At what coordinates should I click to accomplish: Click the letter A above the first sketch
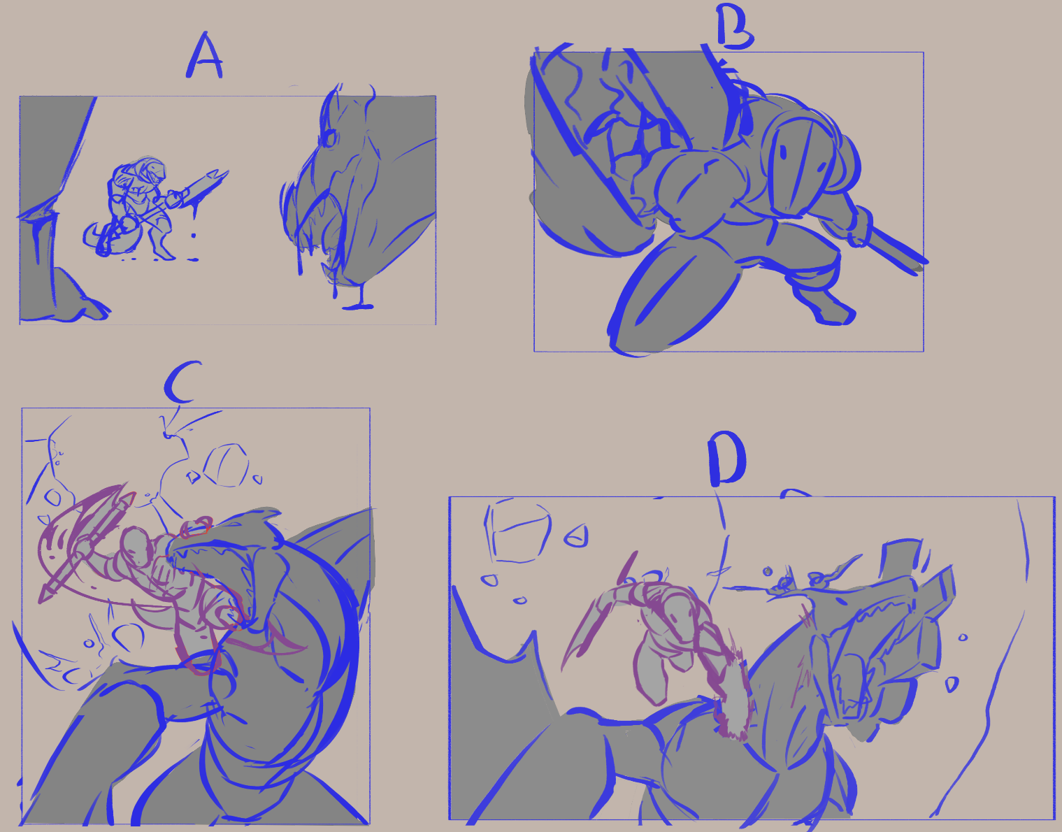pos(204,56)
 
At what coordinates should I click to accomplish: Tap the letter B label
pos(735,26)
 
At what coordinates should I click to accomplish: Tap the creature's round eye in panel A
pos(329,138)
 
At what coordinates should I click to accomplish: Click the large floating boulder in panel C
pos(226,465)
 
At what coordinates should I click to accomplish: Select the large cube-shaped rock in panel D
pos(517,530)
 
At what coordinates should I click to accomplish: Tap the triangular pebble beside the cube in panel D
pos(576,536)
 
